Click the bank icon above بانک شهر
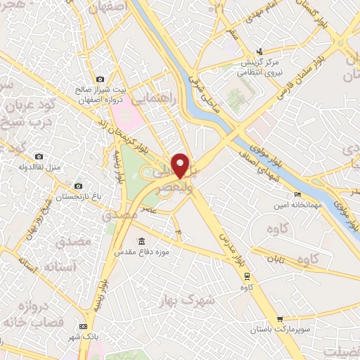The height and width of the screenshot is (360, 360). tap(84, 326)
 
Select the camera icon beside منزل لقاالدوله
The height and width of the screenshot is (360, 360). tap(39, 156)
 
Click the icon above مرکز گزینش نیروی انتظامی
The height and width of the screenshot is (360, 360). tap(260, 51)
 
